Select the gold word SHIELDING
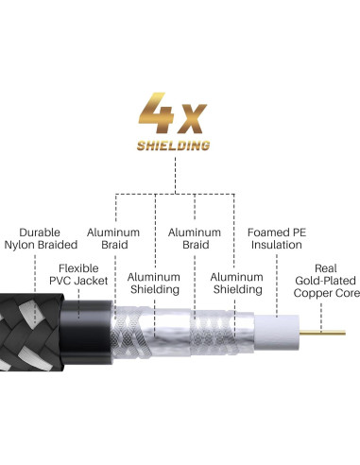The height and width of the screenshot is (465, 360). (x=173, y=146)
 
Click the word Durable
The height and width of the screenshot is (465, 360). (x=41, y=232)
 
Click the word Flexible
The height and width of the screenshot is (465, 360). (x=78, y=268)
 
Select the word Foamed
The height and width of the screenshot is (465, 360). (x=267, y=232)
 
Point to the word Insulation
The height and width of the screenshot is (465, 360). (x=276, y=246)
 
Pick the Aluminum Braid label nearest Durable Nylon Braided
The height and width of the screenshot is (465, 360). (x=113, y=238)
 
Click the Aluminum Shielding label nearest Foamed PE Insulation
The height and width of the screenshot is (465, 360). (x=236, y=284)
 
